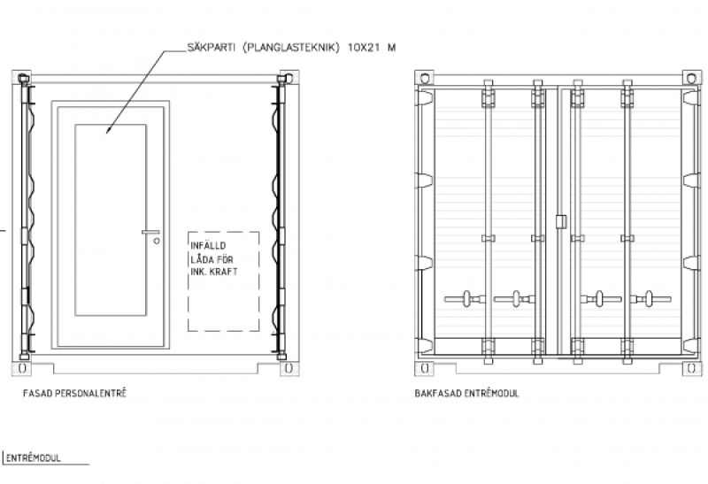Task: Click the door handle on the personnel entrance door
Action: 150,232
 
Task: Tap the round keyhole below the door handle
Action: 157,241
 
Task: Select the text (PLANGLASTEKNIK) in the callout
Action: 291,48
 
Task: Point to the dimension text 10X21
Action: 364,48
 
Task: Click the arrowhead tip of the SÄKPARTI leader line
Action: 106,134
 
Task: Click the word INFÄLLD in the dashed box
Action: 208,246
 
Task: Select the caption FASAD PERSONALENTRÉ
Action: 75,393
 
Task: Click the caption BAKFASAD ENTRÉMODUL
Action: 467,393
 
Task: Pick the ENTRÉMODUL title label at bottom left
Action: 33,458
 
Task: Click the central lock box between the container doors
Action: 561,222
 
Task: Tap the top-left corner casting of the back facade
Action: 425,78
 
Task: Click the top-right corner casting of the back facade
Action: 692,78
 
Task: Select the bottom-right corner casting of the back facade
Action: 692,368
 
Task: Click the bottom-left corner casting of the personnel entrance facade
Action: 21,368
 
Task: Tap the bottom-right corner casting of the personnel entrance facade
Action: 289,368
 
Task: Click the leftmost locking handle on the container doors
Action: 465,299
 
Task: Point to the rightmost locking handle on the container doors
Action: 650,299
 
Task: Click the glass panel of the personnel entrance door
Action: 111,219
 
